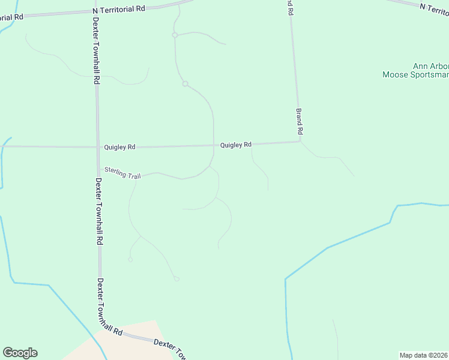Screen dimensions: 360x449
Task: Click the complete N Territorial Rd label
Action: pos(119,10)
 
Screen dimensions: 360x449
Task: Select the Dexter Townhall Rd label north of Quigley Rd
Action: pos(96,50)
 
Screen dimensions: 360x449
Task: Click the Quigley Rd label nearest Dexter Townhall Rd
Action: pos(119,146)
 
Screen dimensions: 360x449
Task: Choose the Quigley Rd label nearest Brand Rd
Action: pos(235,145)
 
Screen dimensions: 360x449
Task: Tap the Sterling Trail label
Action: pos(122,173)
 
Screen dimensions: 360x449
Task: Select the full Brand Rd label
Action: pos(299,121)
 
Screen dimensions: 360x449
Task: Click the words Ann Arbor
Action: pos(430,66)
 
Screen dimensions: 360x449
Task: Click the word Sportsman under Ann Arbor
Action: pos(429,75)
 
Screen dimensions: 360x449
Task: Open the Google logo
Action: pos(20,353)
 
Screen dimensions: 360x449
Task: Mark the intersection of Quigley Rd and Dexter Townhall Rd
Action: pos(98,146)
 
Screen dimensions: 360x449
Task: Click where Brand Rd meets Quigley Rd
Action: pos(300,142)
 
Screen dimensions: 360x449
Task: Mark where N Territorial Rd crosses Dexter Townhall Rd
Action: pos(94,11)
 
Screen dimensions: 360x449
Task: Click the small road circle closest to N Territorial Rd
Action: pos(175,35)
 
